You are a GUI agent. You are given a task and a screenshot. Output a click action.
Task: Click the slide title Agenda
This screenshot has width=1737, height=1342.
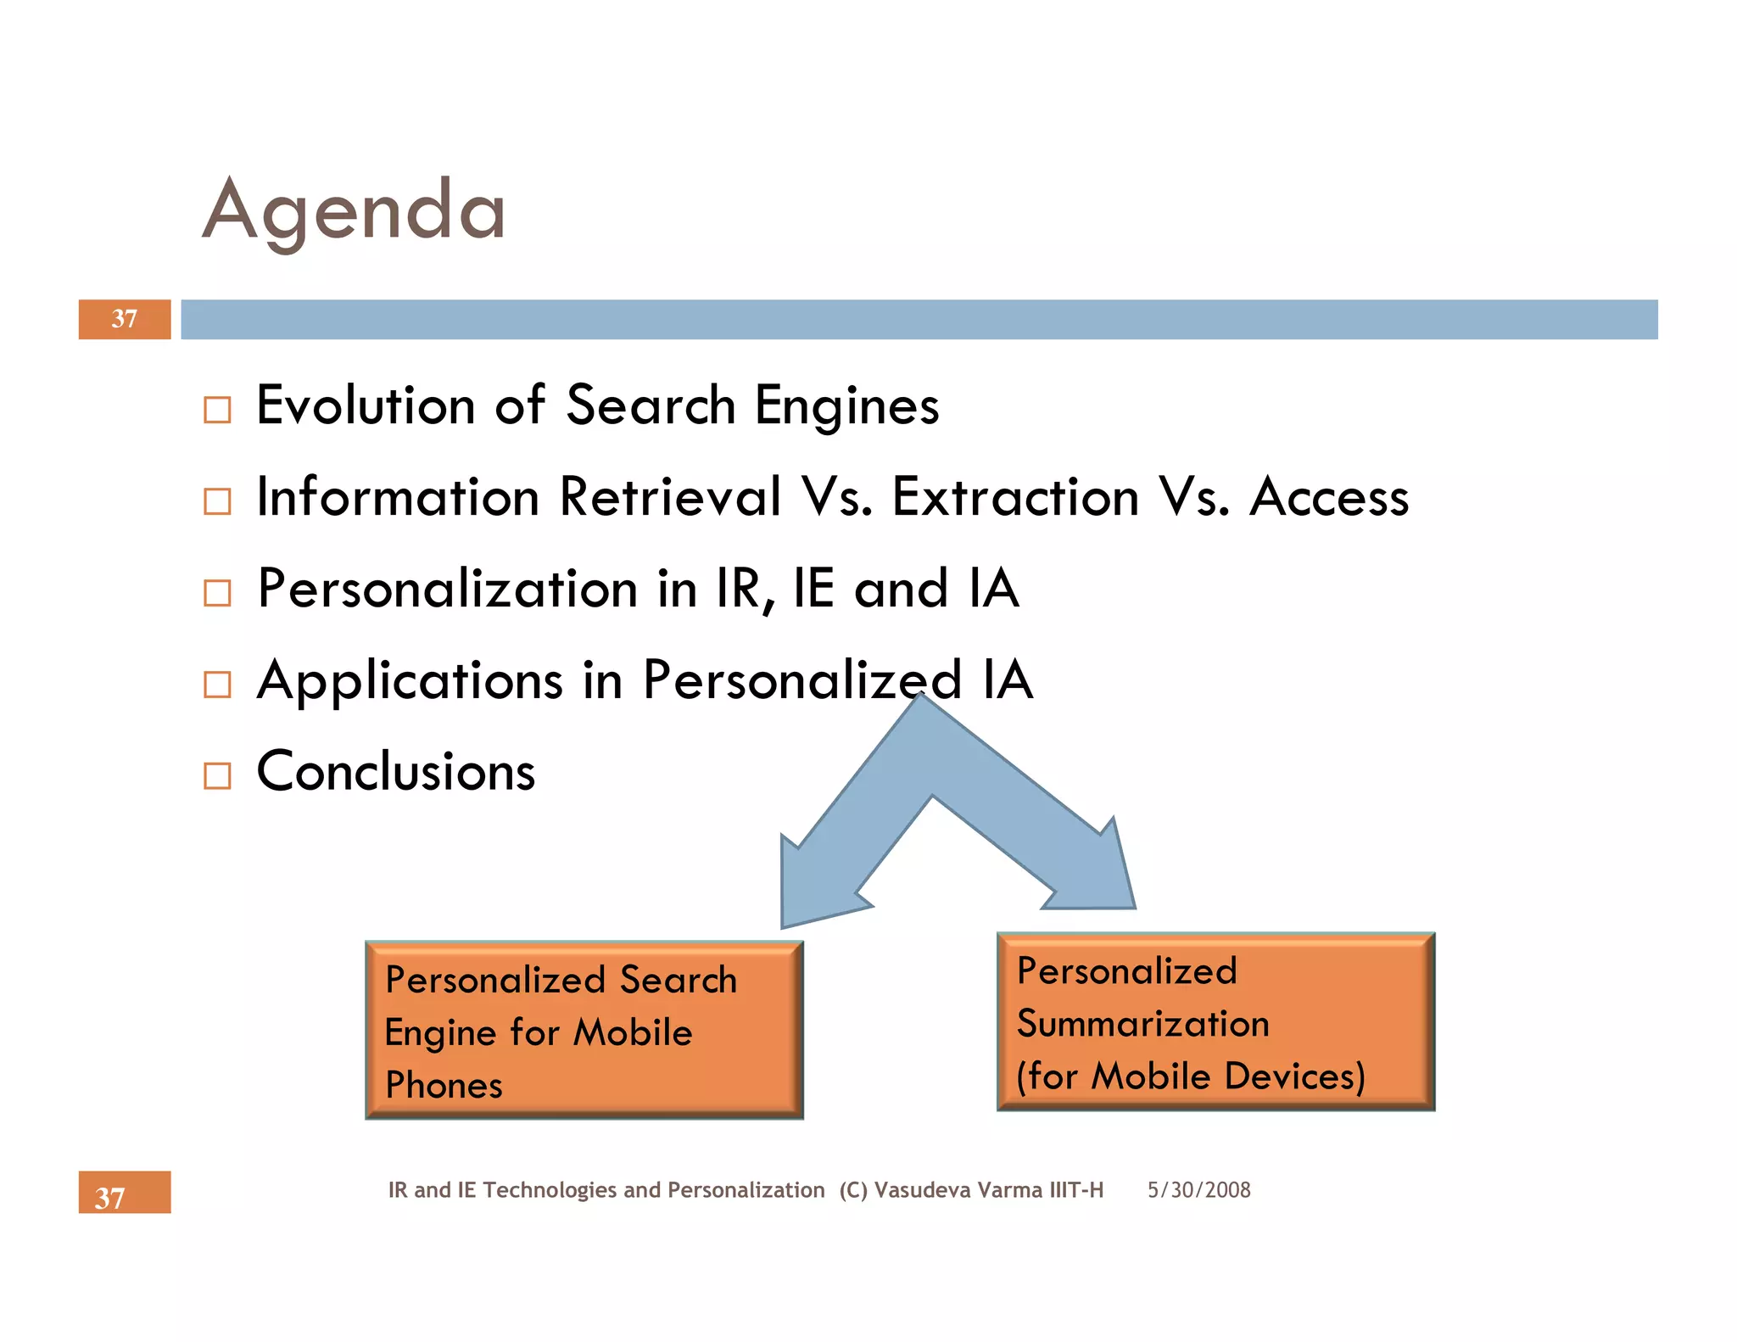pos(354,210)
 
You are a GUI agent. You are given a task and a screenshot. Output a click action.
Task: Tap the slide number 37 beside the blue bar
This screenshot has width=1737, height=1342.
pos(125,319)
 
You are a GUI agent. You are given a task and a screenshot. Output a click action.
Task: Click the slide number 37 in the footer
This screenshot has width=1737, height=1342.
pos(110,1197)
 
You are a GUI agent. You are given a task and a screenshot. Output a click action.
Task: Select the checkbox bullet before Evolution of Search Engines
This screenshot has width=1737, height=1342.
pos(217,410)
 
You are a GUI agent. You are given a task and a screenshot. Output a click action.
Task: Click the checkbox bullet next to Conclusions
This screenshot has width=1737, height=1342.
pos(217,775)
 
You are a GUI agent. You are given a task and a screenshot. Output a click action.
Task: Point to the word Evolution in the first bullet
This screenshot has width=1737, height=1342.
pos(366,405)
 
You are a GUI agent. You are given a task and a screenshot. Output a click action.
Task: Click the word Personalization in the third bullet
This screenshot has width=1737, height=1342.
pos(448,589)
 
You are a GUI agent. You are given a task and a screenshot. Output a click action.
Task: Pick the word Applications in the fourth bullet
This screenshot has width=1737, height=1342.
pos(410,681)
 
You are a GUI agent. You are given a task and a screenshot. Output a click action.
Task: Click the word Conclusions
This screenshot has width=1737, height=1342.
pos(396,772)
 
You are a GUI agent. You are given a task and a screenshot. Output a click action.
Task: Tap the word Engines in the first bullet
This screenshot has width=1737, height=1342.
pos(846,406)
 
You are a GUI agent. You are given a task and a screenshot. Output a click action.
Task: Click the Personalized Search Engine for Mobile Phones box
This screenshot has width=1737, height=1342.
pos(584,1030)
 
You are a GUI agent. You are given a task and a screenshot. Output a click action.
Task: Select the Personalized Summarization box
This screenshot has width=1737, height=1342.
pos(1215,1021)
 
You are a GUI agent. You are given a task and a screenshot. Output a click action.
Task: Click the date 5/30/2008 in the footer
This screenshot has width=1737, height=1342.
pos(1198,1190)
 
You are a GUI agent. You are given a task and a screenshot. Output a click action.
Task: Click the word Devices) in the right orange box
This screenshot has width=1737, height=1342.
pos(1295,1076)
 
